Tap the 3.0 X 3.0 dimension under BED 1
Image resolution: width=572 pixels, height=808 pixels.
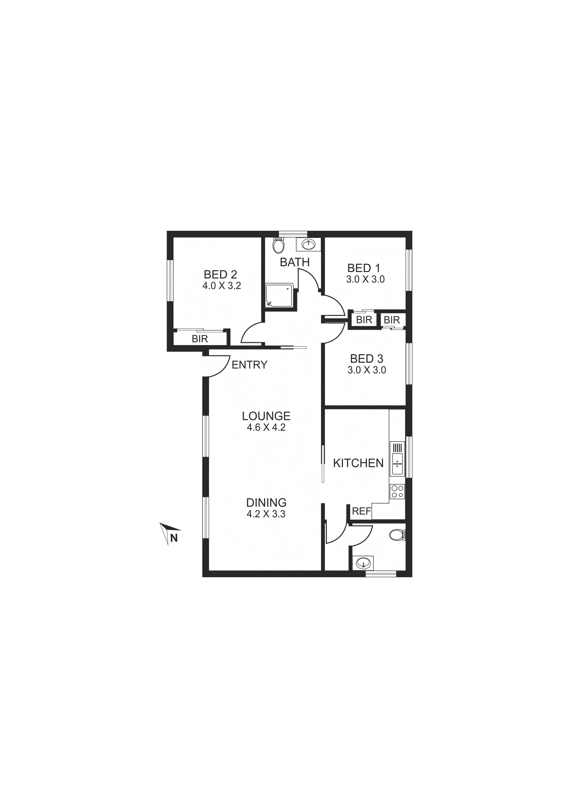365,279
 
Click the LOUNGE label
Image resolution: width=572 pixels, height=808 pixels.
266,416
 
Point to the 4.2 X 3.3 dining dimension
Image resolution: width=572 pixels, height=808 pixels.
266,514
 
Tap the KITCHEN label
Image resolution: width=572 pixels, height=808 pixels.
358,463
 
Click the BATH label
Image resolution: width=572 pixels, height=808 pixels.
295,262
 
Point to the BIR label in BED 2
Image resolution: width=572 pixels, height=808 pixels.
200,339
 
